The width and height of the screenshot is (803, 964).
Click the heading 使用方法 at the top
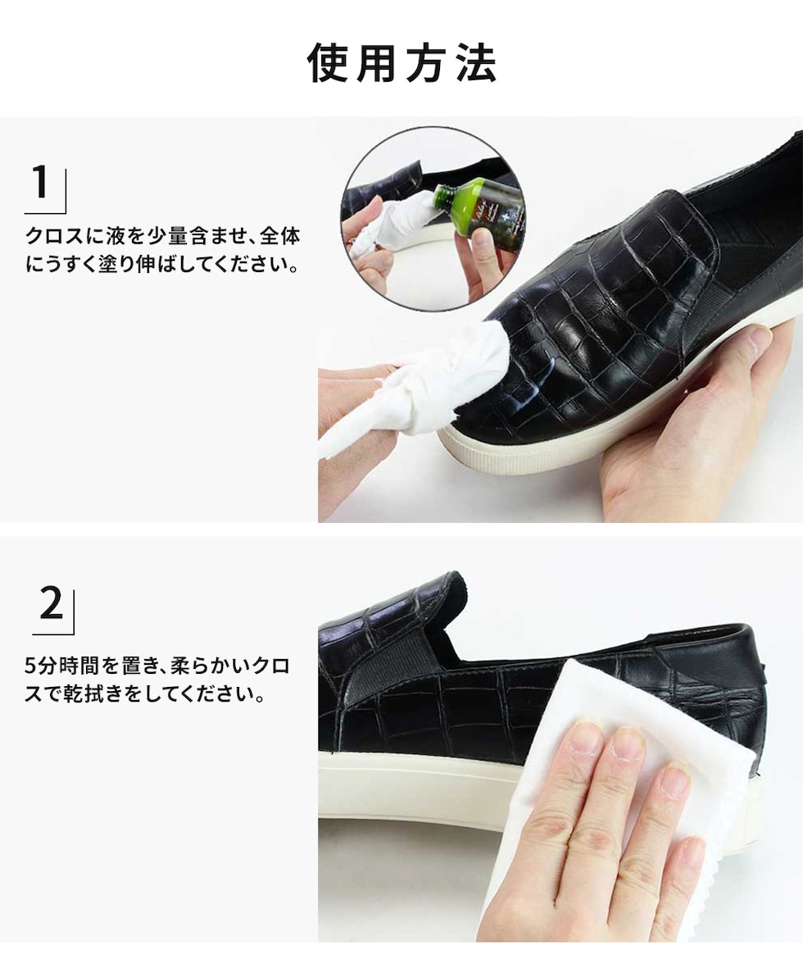(x=401, y=62)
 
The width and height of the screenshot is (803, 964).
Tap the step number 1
(x=41, y=183)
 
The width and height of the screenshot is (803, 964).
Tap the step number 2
(x=51, y=603)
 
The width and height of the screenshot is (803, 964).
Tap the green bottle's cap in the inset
(x=443, y=195)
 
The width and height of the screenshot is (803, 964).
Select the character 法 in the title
(x=477, y=62)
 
